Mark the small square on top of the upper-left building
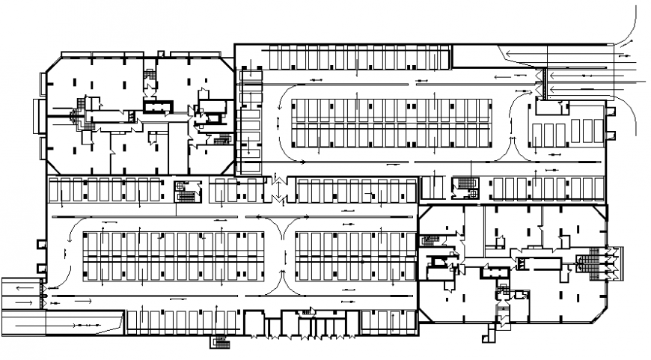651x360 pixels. [159, 52]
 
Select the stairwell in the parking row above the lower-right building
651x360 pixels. [465, 186]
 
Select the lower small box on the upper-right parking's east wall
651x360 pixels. [610, 135]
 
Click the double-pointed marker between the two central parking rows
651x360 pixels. [278, 189]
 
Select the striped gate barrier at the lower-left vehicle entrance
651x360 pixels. [46, 296]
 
